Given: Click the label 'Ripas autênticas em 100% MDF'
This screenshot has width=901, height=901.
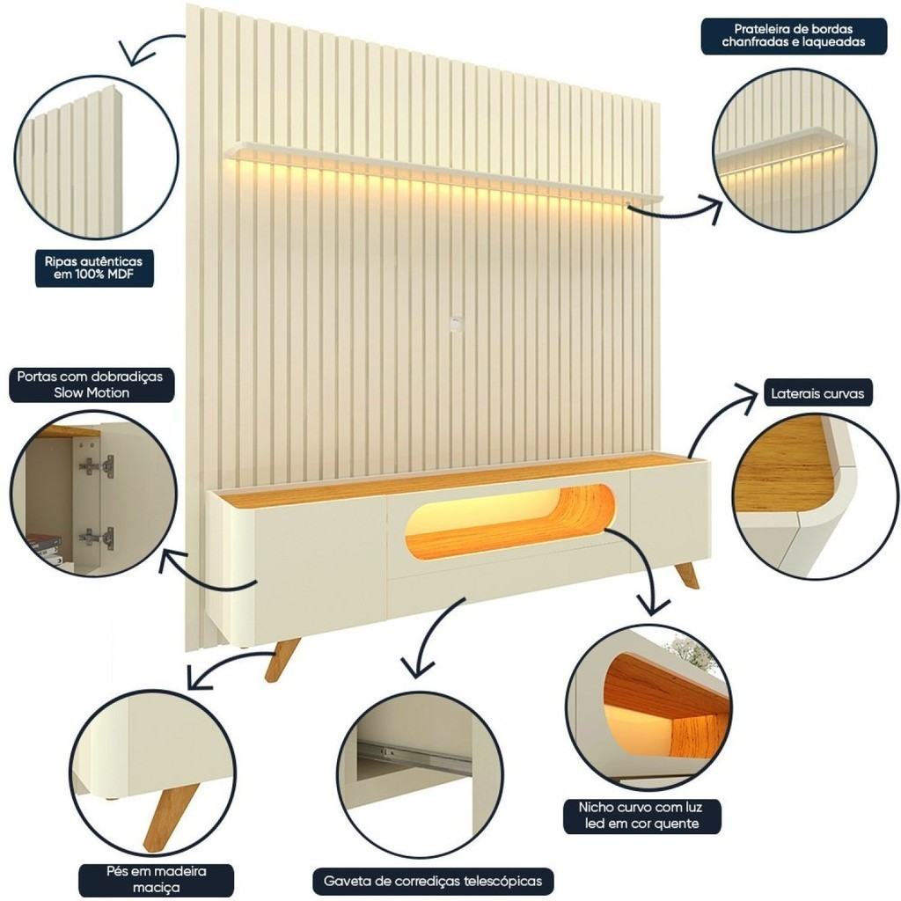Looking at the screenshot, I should (x=93, y=269).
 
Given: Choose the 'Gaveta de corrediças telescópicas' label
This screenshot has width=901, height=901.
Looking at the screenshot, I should (x=433, y=880).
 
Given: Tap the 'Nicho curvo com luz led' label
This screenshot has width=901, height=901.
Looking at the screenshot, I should (x=641, y=815).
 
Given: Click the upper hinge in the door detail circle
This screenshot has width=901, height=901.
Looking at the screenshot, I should (x=98, y=465).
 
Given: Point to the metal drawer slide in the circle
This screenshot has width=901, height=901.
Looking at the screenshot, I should (x=414, y=757).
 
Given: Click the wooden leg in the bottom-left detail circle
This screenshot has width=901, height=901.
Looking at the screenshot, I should (x=169, y=815).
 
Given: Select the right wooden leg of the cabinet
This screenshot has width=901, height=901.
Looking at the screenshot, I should (x=686, y=575).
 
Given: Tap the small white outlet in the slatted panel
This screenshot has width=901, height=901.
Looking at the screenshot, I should (x=456, y=322).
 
